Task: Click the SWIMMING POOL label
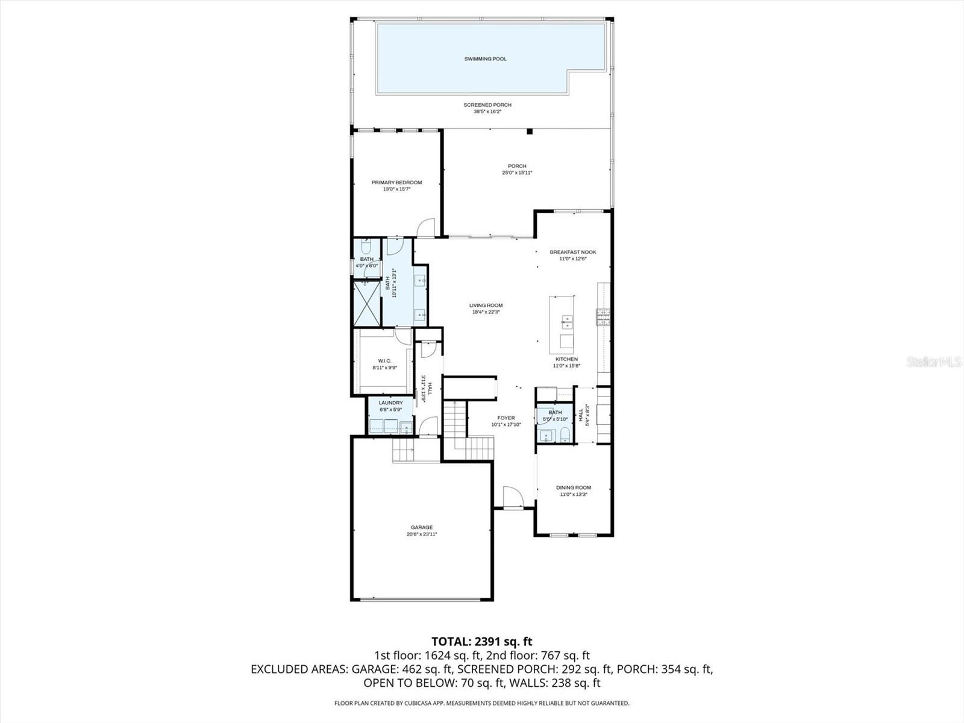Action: pos(485,59)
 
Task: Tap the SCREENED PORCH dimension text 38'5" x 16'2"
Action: pos(487,111)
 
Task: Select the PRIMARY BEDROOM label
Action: pos(396,183)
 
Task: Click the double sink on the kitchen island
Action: pos(566,321)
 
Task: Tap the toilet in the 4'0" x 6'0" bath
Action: pos(366,247)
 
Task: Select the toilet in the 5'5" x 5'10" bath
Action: pos(565,436)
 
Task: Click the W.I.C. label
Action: pos(384,360)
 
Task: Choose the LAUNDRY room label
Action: pos(390,403)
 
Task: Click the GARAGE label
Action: pos(422,527)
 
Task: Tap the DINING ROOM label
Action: pos(573,487)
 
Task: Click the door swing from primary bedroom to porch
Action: pos(425,227)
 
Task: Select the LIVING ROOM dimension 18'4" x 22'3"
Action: pos(486,312)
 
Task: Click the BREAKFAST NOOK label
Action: pos(572,252)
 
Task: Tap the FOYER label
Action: pos(505,418)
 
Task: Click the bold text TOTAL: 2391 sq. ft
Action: pos(481,641)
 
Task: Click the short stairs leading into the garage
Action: pos(403,450)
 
